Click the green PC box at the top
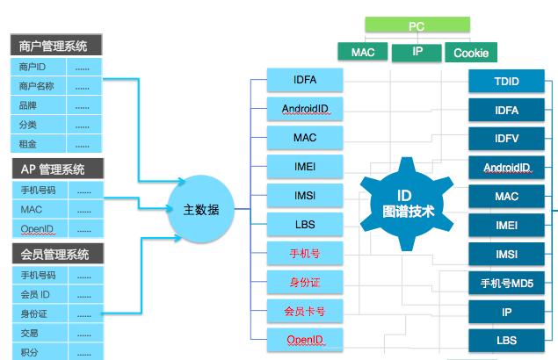pos(416,26)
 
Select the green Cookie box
pos(471,53)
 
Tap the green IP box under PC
pos(417,53)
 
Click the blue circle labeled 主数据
pos(201,209)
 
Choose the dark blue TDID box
pos(506,83)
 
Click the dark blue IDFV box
pos(506,139)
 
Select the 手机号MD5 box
pos(506,283)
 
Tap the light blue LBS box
pos(305,225)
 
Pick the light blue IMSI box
pos(305,196)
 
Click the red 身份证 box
pos(305,282)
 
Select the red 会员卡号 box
pos(305,311)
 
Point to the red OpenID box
pos(305,339)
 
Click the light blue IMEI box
pos(305,167)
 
